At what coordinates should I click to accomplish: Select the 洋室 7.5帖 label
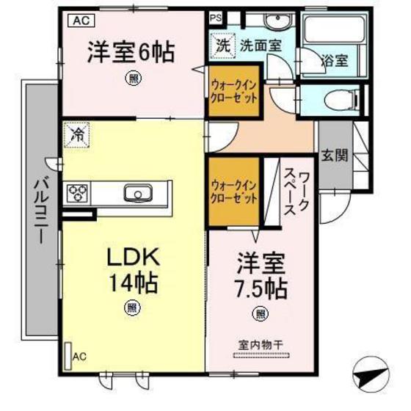click(x=261, y=275)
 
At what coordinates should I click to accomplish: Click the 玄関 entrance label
click(x=335, y=156)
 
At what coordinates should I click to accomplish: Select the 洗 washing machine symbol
click(x=222, y=44)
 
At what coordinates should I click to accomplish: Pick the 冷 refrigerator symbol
click(x=76, y=134)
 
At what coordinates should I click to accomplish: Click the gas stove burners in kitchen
click(x=77, y=194)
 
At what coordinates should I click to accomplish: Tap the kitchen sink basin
click(x=137, y=194)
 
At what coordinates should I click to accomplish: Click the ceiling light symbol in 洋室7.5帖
click(x=260, y=314)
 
